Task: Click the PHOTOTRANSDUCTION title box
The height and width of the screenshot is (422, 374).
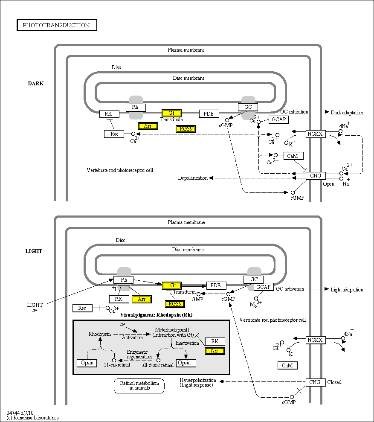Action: click(57, 25)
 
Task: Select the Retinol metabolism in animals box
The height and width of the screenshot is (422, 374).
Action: click(139, 386)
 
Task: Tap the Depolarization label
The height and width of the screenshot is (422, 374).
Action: click(193, 178)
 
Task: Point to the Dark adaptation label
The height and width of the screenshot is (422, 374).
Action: click(347, 113)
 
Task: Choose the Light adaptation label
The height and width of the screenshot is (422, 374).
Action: click(347, 290)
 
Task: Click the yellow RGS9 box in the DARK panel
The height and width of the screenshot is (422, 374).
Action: click(186, 129)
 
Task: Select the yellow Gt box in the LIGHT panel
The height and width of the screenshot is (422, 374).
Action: click(172, 285)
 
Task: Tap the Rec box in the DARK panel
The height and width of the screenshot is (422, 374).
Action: click(114, 134)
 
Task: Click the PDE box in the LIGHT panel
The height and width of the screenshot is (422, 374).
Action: click(216, 285)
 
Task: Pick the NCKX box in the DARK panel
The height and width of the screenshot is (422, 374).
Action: click(315, 134)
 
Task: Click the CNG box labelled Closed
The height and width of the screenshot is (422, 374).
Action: click(315, 382)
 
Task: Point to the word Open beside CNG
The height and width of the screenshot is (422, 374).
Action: click(328, 184)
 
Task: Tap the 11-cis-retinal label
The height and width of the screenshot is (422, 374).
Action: click(117, 365)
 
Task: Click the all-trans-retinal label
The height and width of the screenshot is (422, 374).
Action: click(158, 365)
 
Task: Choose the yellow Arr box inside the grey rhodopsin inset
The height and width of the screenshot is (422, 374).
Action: click(215, 351)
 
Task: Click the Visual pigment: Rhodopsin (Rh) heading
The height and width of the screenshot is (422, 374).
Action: click(157, 315)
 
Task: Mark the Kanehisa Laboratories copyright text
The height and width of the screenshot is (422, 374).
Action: click(32, 418)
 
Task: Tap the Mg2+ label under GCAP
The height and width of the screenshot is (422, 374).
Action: click(256, 304)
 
